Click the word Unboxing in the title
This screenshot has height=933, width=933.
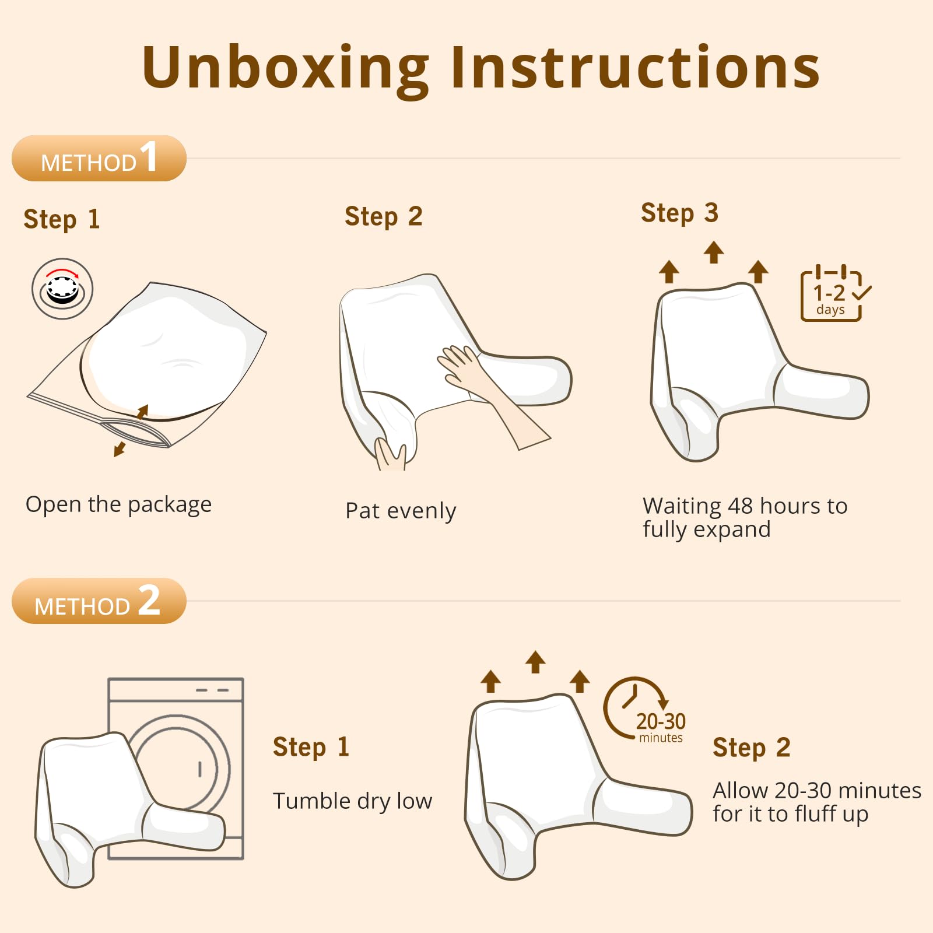(x=286, y=68)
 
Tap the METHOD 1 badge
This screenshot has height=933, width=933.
(x=99, y=159)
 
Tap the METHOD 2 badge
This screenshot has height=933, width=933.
(x=99, y=601)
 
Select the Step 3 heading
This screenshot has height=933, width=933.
(x=679, y=213)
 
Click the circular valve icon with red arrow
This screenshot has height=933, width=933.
(x=62, y=289)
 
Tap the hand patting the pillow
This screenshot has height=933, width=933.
(x=461, y=364)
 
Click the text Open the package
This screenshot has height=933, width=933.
(x=118, y=505)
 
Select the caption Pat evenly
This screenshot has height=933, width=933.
(x=401, y=511)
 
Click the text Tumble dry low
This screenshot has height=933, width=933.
(x=352, y=801)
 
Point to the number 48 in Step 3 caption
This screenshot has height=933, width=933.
(x=740, y=506)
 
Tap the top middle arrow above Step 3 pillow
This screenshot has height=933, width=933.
(x=713, y=252)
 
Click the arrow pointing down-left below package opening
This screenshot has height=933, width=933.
(x=120, y=448)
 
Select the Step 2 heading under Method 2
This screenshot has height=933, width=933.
(x=751, y=748)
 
